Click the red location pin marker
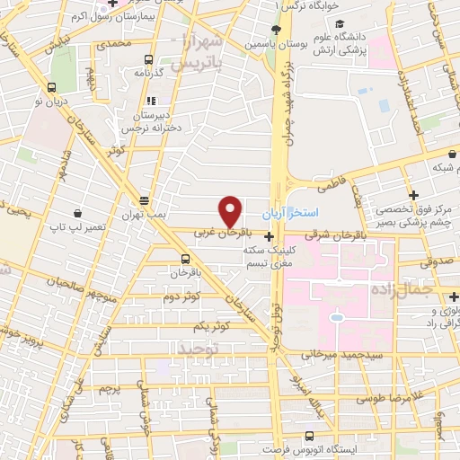[x=231, y=212]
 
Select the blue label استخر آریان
[x=286, y=216]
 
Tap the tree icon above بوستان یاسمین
[x=250, y=30]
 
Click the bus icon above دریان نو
[x=50, y=87]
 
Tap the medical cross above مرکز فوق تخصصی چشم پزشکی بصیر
[x=412, y=195]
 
